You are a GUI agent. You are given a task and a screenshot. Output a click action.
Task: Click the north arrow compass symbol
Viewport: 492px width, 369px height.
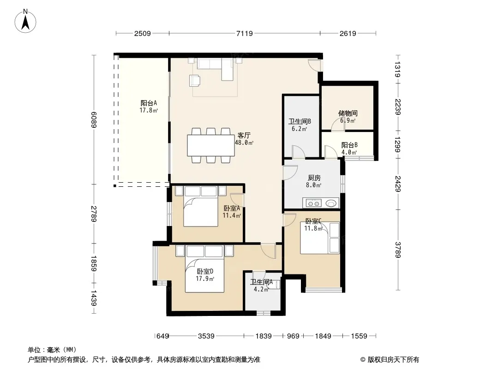[25, 21]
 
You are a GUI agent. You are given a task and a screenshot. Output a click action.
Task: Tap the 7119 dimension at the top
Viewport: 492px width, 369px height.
[245, 33]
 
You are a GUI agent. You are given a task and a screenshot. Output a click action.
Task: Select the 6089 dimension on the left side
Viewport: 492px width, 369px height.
[94, 119]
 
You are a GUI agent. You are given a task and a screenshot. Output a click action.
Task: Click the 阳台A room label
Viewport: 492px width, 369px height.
[149, 103]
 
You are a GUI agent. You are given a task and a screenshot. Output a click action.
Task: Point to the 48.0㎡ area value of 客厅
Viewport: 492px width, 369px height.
[244, 143]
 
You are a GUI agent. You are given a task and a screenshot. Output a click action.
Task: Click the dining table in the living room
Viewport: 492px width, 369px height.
[211, 145]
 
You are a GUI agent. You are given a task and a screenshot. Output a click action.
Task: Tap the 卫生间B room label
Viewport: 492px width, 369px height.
[300, 121]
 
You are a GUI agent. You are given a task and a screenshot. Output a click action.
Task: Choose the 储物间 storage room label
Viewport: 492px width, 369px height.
[348, 113]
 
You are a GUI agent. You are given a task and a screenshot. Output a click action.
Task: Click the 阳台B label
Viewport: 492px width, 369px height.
[349, 145]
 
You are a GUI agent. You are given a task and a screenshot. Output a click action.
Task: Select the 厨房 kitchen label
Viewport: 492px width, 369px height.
[314, 178]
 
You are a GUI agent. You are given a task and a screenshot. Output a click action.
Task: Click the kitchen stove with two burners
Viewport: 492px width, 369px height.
[313, 203]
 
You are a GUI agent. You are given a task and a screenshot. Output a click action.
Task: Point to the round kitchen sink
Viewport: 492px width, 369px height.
[331, 203]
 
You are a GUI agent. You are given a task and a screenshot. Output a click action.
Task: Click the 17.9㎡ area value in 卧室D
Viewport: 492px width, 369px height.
[205, 279]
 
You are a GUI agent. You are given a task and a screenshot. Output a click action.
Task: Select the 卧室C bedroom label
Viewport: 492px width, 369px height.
[313, 221]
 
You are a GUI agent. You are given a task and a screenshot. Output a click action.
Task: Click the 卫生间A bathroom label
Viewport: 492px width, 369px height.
[261, 282]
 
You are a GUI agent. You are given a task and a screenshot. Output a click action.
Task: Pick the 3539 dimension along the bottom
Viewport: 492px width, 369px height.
[206, 336]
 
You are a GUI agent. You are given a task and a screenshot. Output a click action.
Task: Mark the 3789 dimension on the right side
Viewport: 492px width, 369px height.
[398, 250]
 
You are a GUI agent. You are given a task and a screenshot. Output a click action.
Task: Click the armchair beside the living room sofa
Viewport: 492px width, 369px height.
[195, 80]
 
